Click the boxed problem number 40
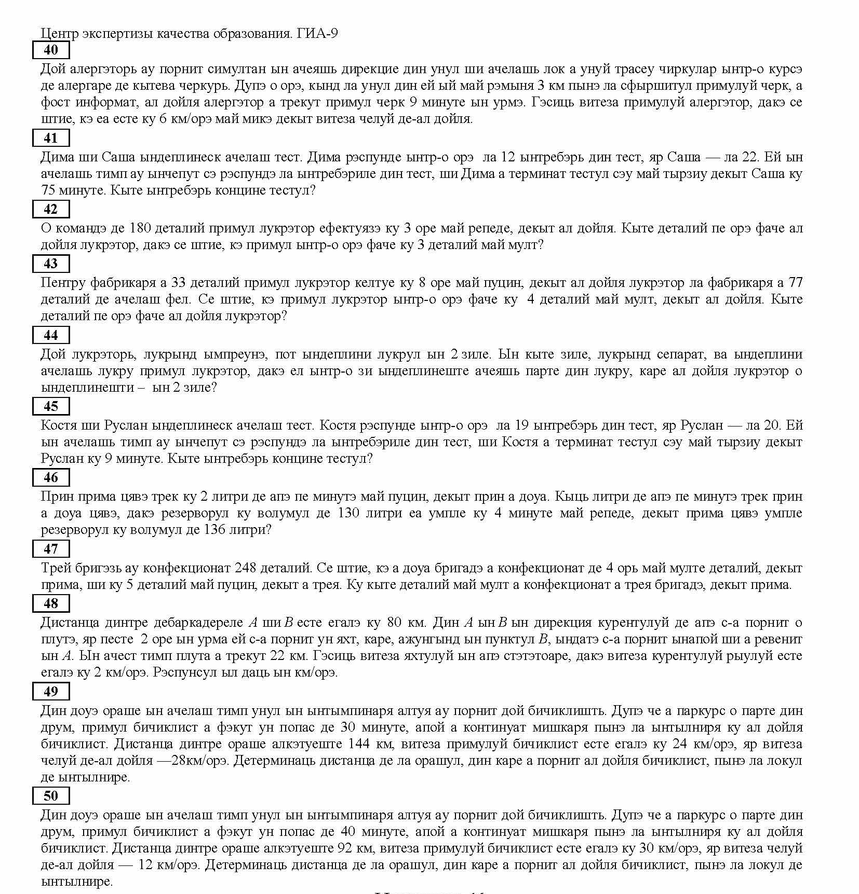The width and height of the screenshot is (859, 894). click(51, 50)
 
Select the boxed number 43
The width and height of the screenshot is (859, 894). click(51, 264)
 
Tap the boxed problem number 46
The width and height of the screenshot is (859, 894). click(51, 477)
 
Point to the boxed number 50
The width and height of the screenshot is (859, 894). click(51, 796)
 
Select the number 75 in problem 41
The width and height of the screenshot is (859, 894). click(48, 190)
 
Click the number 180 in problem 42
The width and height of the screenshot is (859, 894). click(140, 228)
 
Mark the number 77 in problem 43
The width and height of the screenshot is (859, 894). click(795, 283)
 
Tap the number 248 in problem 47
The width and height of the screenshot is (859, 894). click(246, 568)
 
